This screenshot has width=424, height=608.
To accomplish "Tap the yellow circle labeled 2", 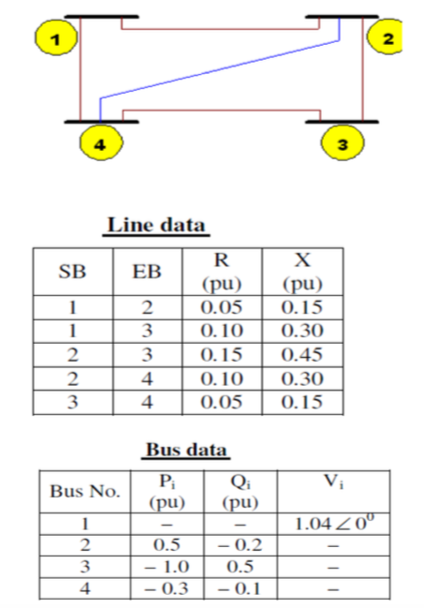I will pos(387,40).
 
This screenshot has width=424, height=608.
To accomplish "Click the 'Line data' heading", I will pos(155,226).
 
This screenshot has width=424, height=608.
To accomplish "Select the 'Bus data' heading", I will pos(185,451).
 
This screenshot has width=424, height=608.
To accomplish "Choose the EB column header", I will pos(148,273).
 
